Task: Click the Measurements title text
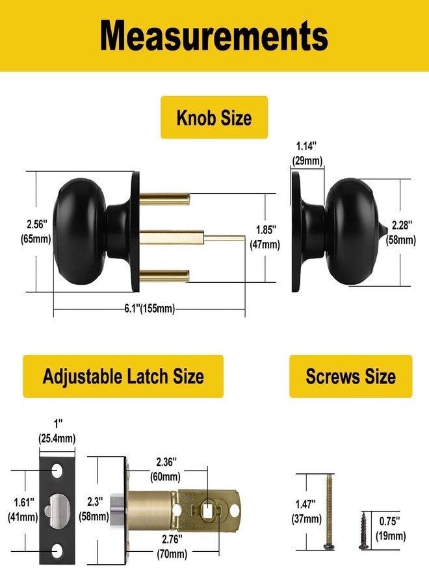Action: tap(214, 36)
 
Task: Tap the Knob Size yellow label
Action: tap(214, 118)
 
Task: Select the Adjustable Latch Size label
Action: tap(123, 376)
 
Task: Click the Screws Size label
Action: tap(350, 376)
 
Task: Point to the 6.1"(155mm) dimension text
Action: tap(149, 309)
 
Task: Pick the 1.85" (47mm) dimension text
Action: tap(265, 237)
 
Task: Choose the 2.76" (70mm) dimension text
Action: tap(172, 547)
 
